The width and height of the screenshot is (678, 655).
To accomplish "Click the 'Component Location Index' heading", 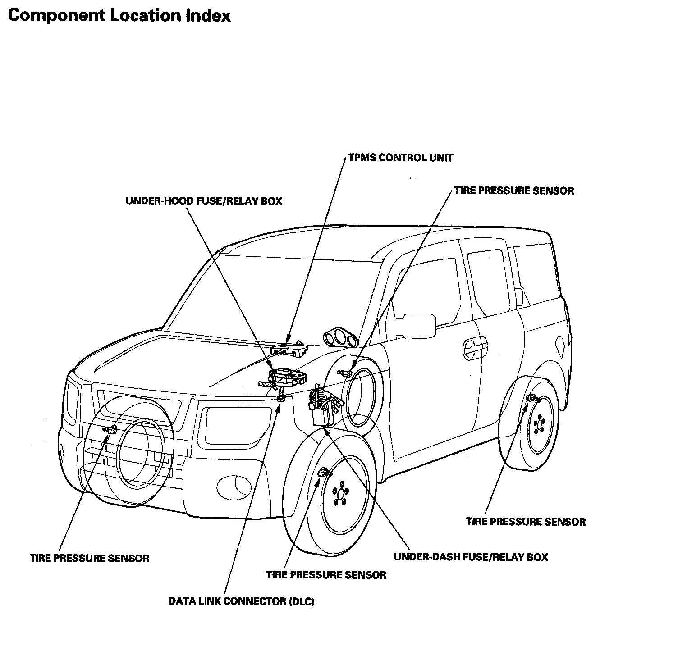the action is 119,15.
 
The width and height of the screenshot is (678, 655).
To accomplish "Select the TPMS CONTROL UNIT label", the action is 401,158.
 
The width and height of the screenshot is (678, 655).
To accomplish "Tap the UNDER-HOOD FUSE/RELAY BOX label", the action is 204,201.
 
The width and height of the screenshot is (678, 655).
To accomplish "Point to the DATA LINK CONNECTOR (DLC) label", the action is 241,601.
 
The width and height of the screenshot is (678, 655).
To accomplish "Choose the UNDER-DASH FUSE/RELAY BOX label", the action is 471,557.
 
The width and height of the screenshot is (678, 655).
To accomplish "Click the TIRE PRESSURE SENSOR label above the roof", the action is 514,191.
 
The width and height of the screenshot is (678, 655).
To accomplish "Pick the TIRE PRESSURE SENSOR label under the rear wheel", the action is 526,522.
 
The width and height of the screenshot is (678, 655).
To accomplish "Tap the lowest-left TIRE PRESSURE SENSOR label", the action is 90,559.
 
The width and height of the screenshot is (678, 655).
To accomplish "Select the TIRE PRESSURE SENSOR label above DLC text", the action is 326,575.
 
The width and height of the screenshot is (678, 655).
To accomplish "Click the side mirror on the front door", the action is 419,326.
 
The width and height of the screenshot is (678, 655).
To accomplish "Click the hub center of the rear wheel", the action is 538,424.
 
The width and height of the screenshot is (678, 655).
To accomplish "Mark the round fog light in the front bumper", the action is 234,486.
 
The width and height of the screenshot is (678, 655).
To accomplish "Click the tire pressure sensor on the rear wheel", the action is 532,398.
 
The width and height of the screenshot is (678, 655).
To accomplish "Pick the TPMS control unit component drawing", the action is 289,350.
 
